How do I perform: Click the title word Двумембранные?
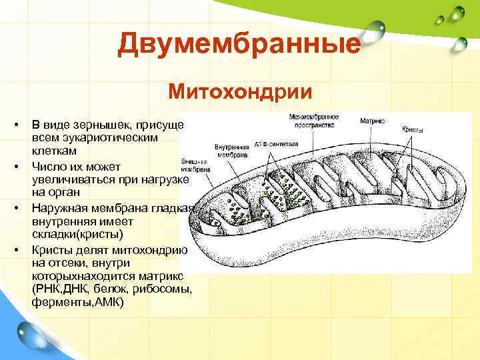point(239,45)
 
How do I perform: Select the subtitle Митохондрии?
point(240,90)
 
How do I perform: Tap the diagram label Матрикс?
point(373,121)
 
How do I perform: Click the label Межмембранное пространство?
point(314,121)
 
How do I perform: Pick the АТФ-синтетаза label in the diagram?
point(276,143)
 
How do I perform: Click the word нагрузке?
point(167,180)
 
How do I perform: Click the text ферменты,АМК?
point(77,302)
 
